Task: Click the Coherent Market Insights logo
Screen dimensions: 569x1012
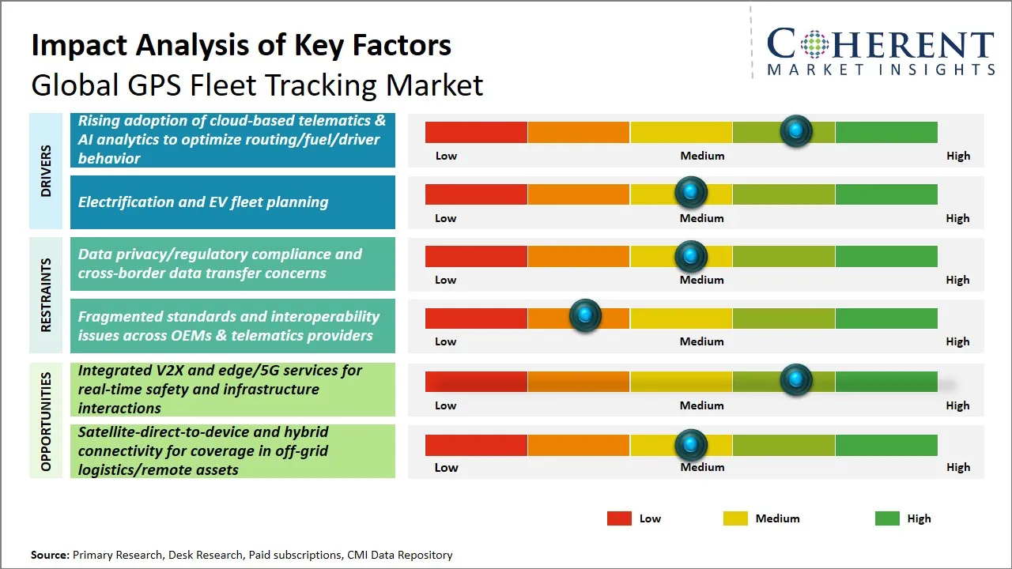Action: tap(880, 50)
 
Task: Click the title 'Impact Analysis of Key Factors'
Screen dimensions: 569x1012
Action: tap(241, 45)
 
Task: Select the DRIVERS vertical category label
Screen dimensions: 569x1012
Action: tap(46, 171)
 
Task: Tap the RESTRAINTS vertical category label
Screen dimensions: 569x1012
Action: tap(46, 295)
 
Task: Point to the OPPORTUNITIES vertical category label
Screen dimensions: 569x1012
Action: tap(46, 420)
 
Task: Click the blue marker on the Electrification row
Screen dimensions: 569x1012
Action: tap(691, 193)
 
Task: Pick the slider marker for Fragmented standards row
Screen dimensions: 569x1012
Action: tap(585, 316)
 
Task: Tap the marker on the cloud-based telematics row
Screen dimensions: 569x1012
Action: tap(796, 130)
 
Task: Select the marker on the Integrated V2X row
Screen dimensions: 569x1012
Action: tap(796, 379)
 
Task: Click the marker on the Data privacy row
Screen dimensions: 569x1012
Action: tap(691, 255)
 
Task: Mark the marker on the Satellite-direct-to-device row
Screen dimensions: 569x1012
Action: tap(691, 445)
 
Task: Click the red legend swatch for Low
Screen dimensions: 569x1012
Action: tap(619, 518)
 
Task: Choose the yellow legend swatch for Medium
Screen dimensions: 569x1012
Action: tap(735, 518)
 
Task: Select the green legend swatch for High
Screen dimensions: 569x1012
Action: tap(887, 518)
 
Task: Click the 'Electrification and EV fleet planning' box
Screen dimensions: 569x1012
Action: tap(232, 202)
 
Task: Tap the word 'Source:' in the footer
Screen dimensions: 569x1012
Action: tap(50, 555)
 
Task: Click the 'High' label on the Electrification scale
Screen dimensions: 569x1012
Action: tap(957, 218)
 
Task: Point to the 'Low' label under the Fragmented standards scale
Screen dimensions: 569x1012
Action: tap(446, 341)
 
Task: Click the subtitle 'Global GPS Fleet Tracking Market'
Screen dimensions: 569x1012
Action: tap(257, 85)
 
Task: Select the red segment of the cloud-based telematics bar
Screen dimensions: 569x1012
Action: tap(476, 132)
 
